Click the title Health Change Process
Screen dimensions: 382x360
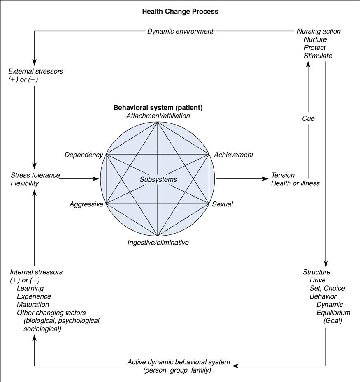tap(180, 12)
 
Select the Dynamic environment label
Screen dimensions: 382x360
tap(180, 31)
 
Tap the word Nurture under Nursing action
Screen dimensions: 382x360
tap(315, 39)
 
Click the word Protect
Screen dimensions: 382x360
tap(314, 48)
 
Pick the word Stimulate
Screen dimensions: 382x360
tap(318, 56)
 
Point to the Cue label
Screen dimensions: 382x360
tap(308, 118)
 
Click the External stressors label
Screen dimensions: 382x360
tap(36, 71)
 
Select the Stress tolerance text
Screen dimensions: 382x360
tap(35, 175)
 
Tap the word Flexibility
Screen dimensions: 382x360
tap(24, 183)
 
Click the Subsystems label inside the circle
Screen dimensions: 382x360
tap(158, 179)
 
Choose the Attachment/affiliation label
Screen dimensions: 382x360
tap(158, 116)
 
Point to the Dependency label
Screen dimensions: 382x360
tap(84, 155)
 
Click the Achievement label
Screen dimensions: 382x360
tap(233, 155)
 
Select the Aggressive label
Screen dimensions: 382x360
tap(86, 204)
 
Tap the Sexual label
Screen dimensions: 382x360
tap(222, 204)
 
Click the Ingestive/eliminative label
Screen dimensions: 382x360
tap(158, 243)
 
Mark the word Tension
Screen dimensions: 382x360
tap(283, 175)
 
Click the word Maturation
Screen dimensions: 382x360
tap(33, 305)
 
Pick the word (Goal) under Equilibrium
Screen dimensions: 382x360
tap(332, 321)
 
